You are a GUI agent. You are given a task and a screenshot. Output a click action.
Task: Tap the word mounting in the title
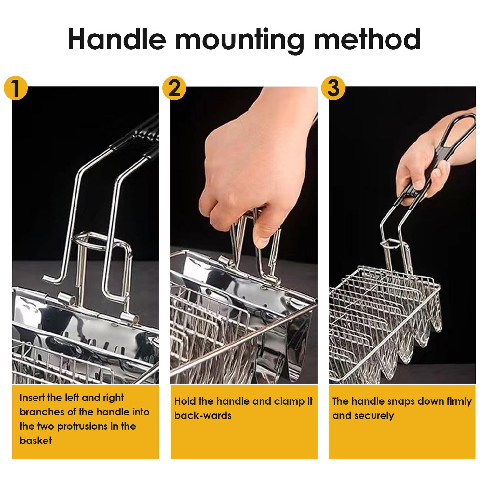click(x=239, y=41)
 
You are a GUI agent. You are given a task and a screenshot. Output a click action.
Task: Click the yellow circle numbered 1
click(x=15, y=88)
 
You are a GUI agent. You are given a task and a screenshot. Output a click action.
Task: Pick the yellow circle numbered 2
click(x=174, y=88)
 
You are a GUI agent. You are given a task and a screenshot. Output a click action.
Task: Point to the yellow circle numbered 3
click(x=333, y=88)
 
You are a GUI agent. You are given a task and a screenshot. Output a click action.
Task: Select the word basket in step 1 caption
click(x=35, y=441)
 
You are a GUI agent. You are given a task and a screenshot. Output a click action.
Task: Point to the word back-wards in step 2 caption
click(x=203, y=415)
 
